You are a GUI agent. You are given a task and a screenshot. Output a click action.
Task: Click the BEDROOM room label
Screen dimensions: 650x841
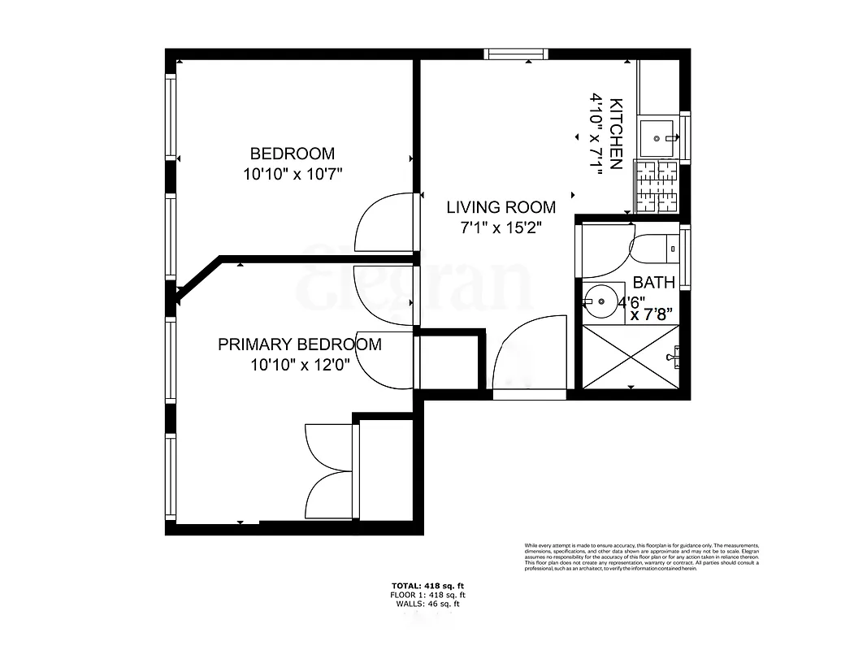click(x=292, y=154)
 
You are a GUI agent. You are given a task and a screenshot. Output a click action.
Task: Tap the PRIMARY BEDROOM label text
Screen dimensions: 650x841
click(x=299, y=344)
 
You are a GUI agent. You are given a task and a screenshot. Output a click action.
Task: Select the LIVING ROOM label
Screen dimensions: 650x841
click(x=501, y=207)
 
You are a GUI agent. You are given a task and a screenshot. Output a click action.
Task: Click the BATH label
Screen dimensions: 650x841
click(x=653, y=283)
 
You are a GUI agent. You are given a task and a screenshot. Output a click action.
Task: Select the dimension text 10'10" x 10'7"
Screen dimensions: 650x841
click(x=292, y=174)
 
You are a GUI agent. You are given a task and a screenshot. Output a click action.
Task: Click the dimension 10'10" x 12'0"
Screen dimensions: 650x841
click(x=299, y=365)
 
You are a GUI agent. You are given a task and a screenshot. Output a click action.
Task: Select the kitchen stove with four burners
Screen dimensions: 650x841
click(x=657, y=185)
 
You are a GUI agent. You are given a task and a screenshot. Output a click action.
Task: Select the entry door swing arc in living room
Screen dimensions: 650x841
click(x=528, y=353)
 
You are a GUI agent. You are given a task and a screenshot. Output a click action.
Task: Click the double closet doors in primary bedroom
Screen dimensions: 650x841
click(x=329, y=471)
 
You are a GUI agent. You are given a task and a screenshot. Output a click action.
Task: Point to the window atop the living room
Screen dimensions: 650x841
click(x=516, y=54)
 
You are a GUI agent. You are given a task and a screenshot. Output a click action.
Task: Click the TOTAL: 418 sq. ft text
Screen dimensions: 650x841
click(x=427, y=585)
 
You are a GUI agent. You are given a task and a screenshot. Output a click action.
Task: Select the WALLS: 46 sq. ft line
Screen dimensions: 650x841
click(x=427, y=604)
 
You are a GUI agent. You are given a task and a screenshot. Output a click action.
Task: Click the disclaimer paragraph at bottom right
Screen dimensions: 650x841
click(x=641, y=556)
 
